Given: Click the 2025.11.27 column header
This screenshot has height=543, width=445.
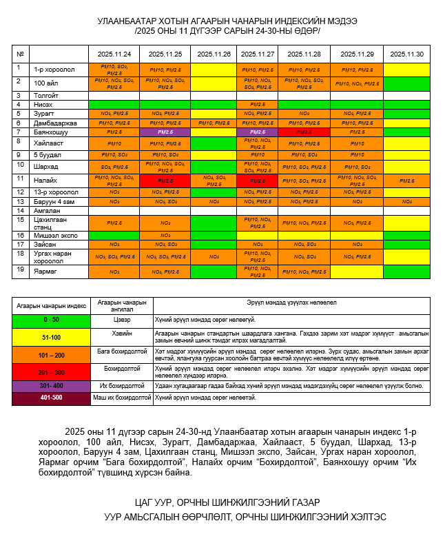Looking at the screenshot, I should coord(258,54).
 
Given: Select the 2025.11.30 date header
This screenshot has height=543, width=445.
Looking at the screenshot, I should coord(406,54).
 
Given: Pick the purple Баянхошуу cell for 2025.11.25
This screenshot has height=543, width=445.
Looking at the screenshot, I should coord(165,132).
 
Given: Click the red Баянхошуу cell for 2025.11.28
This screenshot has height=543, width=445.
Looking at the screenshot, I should coord(304,132).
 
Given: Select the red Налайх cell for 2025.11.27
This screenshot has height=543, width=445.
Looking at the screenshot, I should coord(258,180).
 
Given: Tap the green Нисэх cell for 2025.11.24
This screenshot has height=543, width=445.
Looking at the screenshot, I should coord(114,104).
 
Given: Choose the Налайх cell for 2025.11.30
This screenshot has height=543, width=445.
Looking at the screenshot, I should coord(406,180).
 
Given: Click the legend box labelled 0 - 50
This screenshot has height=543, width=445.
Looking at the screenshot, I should coord(52,320).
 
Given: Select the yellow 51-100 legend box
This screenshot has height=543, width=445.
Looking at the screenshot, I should coord(52,337).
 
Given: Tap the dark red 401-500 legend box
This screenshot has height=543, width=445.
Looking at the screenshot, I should coord(52,398).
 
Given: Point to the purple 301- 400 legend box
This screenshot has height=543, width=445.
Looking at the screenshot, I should coord(52,386).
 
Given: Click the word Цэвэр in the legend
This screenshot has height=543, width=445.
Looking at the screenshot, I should coord(121,320).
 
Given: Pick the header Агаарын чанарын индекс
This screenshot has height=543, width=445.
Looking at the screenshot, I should coord(52,304).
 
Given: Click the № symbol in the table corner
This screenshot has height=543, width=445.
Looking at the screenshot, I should coord(21,54).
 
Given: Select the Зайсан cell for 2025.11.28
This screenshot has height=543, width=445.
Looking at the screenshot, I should coord(304,244).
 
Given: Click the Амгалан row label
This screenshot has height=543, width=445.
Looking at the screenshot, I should coord(47,210).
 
